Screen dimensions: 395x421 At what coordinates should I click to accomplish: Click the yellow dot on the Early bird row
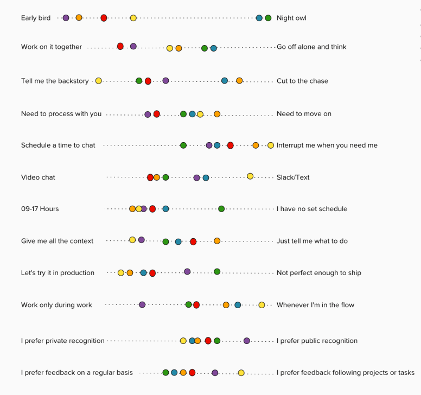[133, 18]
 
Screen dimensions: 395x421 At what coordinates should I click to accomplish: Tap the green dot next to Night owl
[268, 18]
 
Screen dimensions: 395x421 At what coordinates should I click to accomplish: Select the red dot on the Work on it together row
[120, 46]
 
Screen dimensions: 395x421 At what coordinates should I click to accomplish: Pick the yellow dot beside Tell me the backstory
[99, 81]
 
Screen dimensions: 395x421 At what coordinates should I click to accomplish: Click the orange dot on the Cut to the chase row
[239, 81]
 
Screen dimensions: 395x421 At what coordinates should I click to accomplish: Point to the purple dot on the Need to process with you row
[148, 114]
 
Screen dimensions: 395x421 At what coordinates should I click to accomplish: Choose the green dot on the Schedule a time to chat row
[183, 145]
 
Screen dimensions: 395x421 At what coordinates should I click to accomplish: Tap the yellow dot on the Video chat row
[250, 176]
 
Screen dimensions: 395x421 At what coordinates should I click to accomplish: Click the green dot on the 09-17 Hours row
[221, 209]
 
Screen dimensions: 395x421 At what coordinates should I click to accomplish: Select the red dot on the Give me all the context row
[193, 241]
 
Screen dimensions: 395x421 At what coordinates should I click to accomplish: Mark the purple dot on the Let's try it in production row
[187, 271]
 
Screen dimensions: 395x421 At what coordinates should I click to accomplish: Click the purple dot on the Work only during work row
[142, 305]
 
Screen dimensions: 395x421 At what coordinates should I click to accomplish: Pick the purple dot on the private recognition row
[247, 341]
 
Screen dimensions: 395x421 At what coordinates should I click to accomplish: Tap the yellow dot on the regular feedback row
[241, 373]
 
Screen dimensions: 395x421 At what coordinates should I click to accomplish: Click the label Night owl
[291, 18]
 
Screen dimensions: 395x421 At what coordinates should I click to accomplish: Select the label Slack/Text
[293, 177]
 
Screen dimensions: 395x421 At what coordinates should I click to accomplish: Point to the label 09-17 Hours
[40, 209]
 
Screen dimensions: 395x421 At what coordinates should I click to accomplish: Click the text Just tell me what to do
[312, 241]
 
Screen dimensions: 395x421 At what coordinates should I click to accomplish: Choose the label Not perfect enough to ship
[318, 273]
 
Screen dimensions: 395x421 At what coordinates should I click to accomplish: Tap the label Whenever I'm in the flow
[315, 305]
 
